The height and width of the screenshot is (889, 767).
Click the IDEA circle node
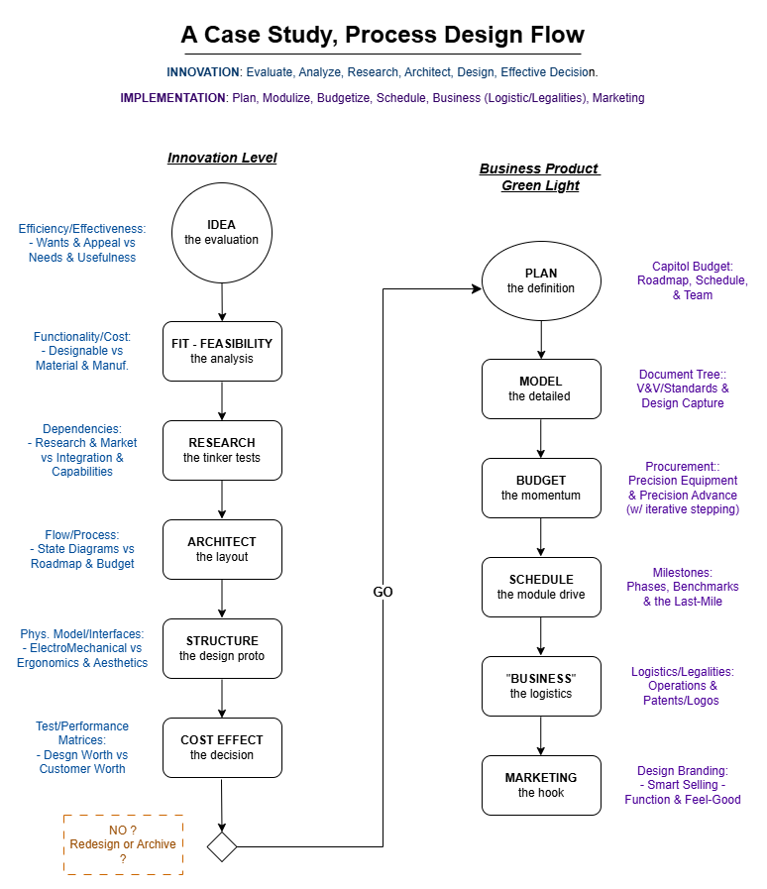tap(222, 233)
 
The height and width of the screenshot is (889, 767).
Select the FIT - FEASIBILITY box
tap(222, 352)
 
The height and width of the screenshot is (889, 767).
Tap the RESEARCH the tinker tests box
tap(222, 450)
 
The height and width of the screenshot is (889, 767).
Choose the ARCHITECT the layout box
tap(222, 549)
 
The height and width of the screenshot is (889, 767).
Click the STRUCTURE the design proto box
tap(222, 648)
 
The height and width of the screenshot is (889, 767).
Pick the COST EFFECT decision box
tap(222, 748)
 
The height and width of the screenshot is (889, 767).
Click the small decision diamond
tap(222, 847)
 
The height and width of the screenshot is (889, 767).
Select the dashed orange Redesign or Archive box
tap(123, 844)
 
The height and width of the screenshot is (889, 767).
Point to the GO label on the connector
tap(383, 592)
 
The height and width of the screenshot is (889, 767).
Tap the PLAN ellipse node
tap(541, 280)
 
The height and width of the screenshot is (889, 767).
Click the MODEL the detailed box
tap(541, 389)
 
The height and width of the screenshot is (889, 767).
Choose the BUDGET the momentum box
tap(541, 488)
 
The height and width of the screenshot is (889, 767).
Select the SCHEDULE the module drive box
tap(541, 587)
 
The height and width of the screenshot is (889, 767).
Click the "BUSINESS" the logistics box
tap(541, 686)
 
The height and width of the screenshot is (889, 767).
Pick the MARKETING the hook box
tap(541, 785)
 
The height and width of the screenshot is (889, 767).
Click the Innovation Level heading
tap(222, 159)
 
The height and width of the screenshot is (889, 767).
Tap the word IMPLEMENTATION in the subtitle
tap(172, 98)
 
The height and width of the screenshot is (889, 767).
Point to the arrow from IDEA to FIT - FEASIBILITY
tap(222, 302)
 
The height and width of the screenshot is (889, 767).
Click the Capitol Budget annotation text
tap(693, 280)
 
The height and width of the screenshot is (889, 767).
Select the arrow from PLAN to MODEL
tap(541, 340)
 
